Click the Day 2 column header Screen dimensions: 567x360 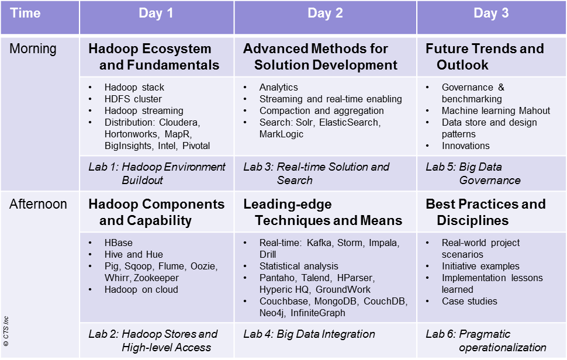point(325,13)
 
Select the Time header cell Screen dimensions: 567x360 point(25,13)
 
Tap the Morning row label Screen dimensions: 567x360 point(33,49)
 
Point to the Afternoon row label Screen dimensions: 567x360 point(38,204)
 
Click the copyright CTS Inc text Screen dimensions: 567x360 point(6,331)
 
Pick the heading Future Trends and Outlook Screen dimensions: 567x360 point(485,57)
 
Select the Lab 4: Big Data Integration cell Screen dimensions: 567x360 point(309,334)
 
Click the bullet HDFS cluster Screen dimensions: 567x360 point(133,99)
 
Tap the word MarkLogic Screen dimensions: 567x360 point(281,134)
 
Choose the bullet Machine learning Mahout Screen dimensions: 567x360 point(496,110)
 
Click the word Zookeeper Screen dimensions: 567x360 point(156,278)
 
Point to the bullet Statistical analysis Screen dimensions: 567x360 point(299,266)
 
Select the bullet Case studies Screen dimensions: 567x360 point(469,301)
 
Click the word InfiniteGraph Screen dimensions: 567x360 point(318,313)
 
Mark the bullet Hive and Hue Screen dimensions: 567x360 point(134,254)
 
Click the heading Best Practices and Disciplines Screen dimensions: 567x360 point(486,212)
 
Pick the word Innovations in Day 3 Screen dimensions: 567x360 point(465,146)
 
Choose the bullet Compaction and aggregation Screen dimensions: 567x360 point(321,110)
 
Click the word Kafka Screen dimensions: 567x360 point(319,243)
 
